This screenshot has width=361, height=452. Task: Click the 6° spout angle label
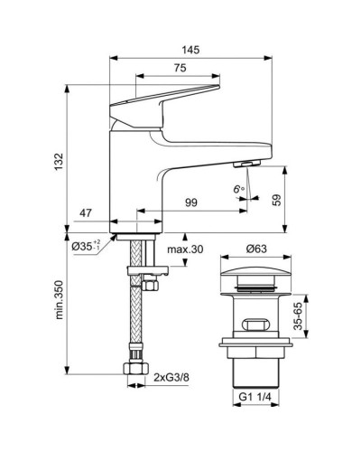tap(238, 191)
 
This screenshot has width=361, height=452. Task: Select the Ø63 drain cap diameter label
tap(255, 250)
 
